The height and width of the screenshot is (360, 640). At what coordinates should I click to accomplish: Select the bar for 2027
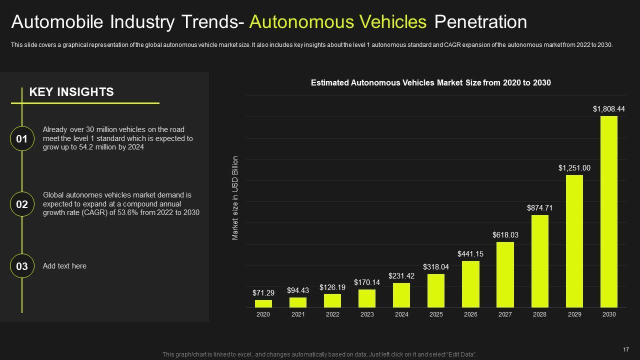505,274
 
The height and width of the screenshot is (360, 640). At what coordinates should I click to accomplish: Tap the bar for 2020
263,303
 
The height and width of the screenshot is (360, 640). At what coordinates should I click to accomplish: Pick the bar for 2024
401,295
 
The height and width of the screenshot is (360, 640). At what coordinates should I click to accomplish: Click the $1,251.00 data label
574,168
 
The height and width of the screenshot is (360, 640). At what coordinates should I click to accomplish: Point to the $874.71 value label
539,207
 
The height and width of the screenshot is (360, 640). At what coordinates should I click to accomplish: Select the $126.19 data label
332,287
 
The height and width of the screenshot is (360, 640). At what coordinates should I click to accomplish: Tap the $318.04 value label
436,267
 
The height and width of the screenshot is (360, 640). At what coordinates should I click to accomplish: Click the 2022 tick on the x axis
332,314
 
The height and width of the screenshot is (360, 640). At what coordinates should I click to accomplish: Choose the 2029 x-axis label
574,314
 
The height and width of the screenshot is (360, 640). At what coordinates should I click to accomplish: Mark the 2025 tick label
436,314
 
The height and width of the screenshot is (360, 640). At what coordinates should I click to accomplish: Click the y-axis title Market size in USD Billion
235,198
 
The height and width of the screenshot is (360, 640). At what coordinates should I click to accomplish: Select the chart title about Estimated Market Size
430,83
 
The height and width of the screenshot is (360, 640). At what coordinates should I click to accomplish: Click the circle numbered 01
22,139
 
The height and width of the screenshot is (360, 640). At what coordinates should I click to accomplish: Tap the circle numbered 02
22,204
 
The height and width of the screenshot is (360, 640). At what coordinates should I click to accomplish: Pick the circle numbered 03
22,266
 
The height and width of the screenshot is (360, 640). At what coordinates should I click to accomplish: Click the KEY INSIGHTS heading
71,92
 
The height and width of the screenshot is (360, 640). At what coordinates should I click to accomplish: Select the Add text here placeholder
64,266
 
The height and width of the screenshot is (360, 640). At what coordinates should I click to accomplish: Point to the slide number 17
625,349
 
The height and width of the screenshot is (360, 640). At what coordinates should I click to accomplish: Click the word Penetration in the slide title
480,22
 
